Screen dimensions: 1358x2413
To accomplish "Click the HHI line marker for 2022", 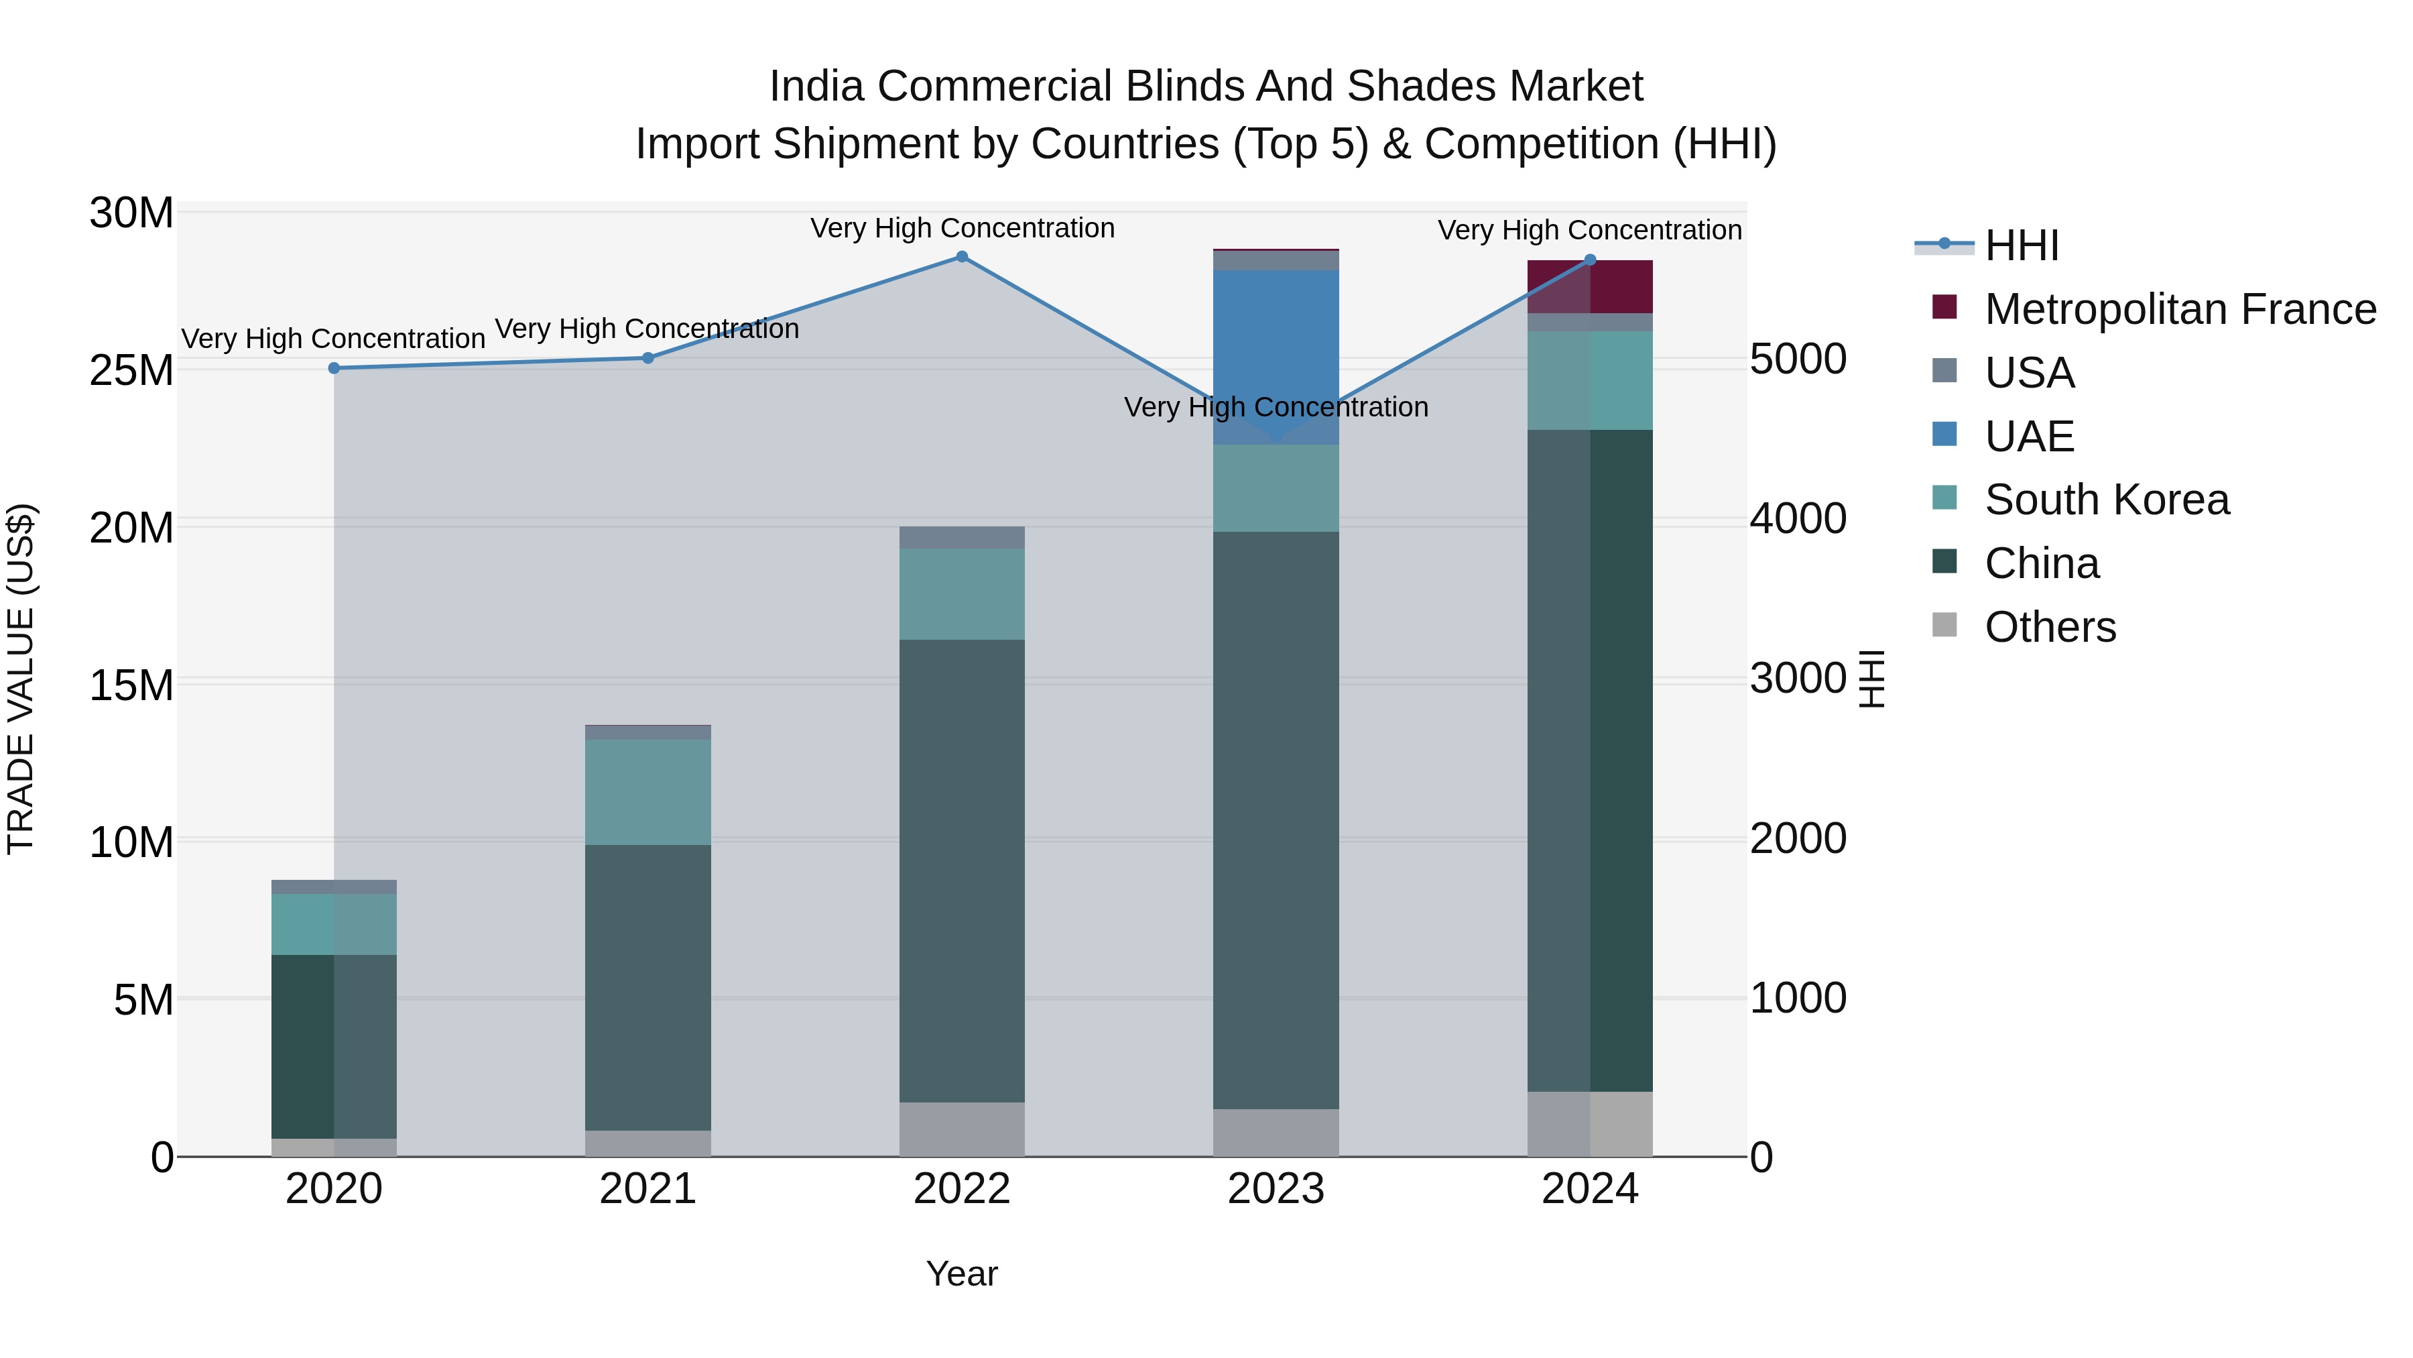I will (961, 257).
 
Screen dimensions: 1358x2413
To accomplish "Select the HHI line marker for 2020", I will (334, 368).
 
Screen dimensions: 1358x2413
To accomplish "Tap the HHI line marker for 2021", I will (647, 358).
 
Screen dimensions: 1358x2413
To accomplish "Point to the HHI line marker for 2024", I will (1590, 261).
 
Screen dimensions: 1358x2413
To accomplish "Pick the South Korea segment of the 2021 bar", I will (647, 792).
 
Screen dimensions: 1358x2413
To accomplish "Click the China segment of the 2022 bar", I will (961, 872).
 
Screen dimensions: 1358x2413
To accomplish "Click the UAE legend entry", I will (2029, 436).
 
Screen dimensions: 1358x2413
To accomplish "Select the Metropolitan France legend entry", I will (2179, 309).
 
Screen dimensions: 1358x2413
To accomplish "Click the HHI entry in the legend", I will (2022, 245).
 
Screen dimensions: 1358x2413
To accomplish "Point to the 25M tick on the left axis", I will (131, 371).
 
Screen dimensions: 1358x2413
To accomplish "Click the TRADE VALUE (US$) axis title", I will (21, 679).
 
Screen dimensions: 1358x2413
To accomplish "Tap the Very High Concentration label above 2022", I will (962, 229).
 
